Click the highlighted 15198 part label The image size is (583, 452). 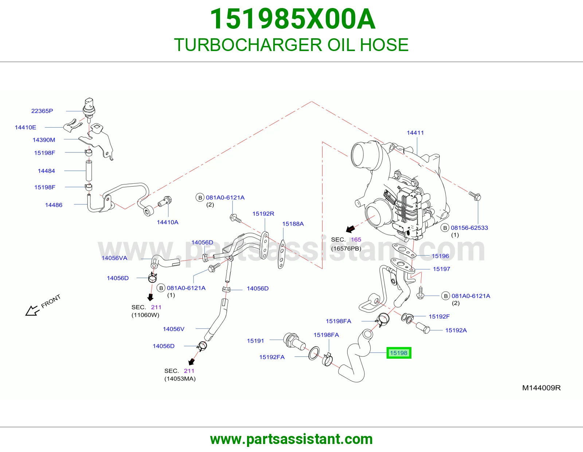click(398, 353)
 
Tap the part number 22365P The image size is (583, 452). click(42, 111)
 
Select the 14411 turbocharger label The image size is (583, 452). click(415, 133)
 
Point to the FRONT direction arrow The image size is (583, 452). click(32, 311)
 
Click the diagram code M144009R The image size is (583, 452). click(541, 388)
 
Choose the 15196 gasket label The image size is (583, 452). click(440, 256)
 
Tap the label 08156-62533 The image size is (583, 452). click(469, 227)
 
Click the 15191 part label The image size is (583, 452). click(255, 340)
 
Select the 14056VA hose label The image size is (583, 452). click(114, 258)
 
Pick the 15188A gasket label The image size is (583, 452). click(293, 223)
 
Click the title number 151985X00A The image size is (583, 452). click(292, 19)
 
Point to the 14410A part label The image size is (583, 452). click(167, 222)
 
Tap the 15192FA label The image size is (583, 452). click(272, 357)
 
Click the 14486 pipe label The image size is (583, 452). click(54, 205)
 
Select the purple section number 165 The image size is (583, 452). click(356, 239)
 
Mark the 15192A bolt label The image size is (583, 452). click(456, 330)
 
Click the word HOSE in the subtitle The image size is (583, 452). click(384, 45)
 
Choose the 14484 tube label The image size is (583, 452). click(46, 171)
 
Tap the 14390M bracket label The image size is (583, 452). click(44, 140)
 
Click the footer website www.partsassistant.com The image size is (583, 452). click(291, 439)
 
